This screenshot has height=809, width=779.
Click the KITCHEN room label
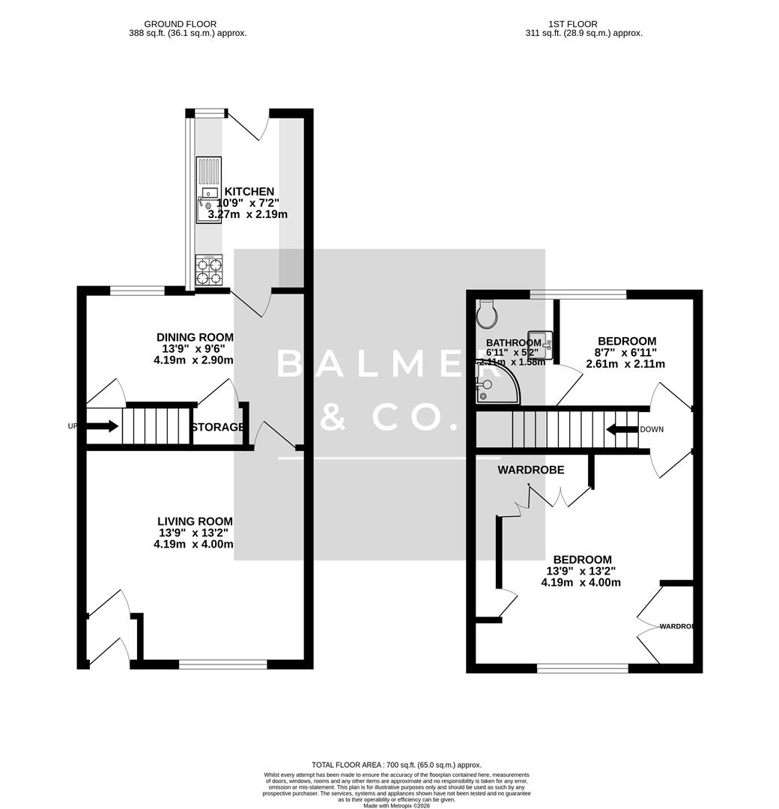coord(246,192)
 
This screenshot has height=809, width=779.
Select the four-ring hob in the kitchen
coord(209,270)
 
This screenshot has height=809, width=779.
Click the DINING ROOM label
coord(195,337)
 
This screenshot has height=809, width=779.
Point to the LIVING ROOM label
coord(195,521)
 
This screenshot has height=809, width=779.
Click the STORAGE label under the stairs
coord(217,427)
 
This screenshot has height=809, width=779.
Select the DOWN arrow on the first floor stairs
coord(621,430)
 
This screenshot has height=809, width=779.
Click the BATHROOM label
coord(513,342)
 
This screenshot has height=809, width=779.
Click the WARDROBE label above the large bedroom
coord(531,470)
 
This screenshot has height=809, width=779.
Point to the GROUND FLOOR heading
coord(187,24)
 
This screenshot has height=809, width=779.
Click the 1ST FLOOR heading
coord(584,24)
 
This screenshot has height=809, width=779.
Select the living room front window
coord(223,663)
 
